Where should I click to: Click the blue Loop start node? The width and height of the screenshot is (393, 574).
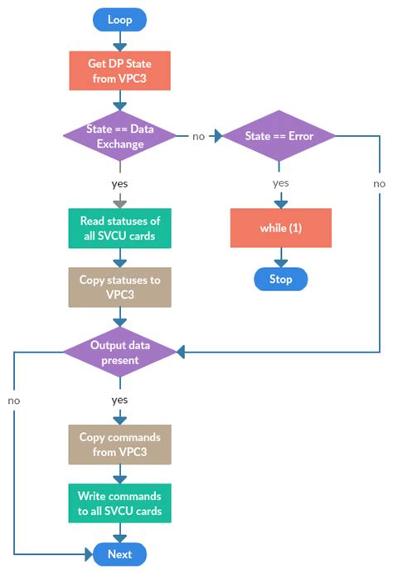point(120,19)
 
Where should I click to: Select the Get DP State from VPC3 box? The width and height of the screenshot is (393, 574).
point(120,71)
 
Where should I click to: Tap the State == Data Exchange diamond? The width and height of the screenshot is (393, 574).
point(120,135)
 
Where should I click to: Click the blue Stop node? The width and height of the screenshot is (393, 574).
point(280,279)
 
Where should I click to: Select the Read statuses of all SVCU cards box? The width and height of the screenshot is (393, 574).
point(120,227)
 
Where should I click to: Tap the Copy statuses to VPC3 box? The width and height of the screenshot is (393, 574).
point(120,286)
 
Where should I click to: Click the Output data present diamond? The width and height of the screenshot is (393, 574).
point(120,352)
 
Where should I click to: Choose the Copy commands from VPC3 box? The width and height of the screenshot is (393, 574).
point(120,444)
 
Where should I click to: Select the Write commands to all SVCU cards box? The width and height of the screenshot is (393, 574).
point(120,503)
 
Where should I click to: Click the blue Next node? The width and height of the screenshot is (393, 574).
point(120,554)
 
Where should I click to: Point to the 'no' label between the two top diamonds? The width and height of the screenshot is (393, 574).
point(200,135)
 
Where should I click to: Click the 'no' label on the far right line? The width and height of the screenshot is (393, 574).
point(379,183)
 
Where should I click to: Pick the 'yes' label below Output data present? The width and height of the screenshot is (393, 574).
point(120,400)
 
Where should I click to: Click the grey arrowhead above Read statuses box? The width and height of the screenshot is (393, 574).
point(120,202)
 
